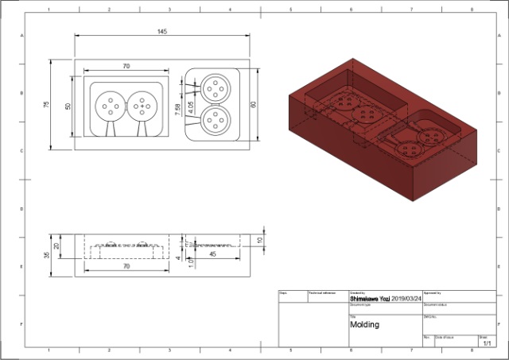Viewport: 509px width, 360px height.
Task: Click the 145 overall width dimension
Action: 161,31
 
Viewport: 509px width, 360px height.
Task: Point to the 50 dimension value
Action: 68,105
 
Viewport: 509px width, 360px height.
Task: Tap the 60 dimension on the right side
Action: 254,104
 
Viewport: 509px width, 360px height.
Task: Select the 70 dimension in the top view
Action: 126,67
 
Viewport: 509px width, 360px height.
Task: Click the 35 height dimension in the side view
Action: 47,255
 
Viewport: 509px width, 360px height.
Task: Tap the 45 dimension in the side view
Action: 212,255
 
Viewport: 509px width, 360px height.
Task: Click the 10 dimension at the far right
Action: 259,239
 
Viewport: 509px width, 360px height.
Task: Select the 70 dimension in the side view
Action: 126,267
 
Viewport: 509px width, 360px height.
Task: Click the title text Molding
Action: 365,324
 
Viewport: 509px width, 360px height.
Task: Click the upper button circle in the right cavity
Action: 214,87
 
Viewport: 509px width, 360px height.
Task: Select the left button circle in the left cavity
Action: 109,105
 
